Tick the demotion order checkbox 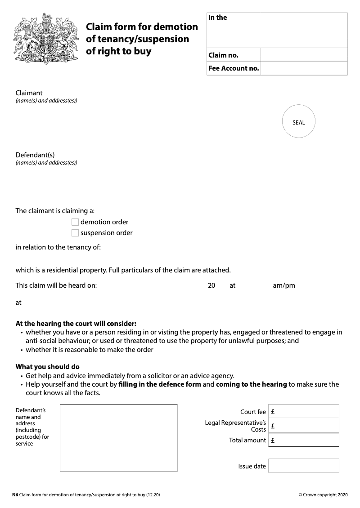[75, 222]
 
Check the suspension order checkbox [75, 233]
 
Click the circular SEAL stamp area [298, 122]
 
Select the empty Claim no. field [304, 55]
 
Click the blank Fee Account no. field [304, 68]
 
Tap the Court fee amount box [304, 411]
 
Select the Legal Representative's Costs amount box [304, 426]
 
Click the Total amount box [304, 440]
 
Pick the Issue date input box [304, 466]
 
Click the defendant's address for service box [118, 438]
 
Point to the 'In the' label [218, 18]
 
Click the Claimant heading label [29, 93]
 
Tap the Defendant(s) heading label [35, 155]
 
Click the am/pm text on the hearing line [284, 285]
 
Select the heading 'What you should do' [48, 367]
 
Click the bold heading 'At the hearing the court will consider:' [76, 324]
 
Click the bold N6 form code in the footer [15, 495]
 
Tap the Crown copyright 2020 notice [323, 495]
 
